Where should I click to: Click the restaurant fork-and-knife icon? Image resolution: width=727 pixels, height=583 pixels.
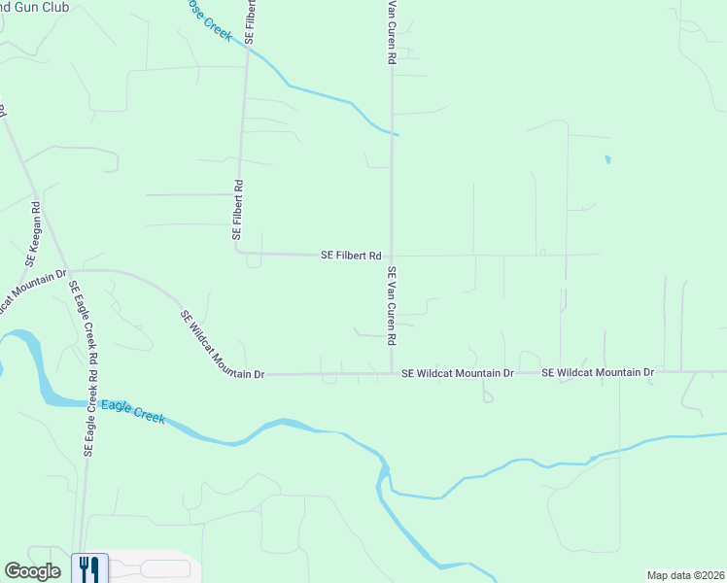click(x=89, y=566)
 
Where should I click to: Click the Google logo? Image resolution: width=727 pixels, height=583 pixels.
click(x=32, y=572)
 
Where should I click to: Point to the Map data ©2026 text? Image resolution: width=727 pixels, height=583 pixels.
click(x=684, y=575)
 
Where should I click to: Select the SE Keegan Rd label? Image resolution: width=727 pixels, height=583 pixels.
click(x=31, y=234)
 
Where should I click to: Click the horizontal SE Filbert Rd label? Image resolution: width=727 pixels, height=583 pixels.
click(x=351, y=256)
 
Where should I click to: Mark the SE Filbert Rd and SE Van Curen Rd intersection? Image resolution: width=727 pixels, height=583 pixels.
click(x=392, y=256)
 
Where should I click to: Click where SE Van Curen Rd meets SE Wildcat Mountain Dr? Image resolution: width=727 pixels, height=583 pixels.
click(x=392, y=372)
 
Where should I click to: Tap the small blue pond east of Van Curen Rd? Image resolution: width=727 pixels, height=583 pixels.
click(x=607, y=158)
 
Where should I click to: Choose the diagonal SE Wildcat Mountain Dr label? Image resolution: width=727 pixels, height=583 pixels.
click(x=223, y=346)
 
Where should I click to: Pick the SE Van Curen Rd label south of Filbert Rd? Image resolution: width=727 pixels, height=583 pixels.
click(x=393, y=307)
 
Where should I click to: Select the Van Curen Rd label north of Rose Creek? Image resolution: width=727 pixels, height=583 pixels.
click(x=392, y=32)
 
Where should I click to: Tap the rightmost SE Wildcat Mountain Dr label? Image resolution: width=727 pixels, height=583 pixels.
click(x=598, y=372)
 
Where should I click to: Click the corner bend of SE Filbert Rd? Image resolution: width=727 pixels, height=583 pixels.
click(x=237, y=251)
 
